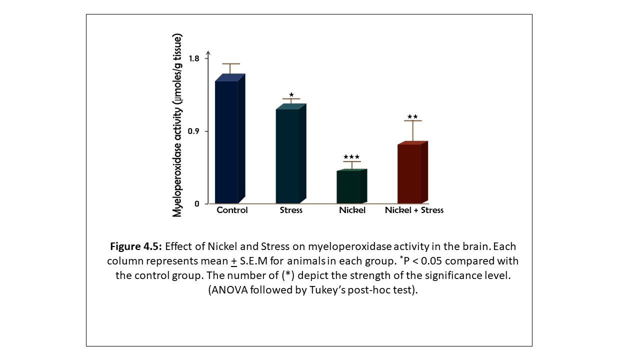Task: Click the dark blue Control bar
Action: pos(226,141)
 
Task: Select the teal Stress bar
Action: pos(287,155)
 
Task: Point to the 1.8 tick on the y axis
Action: pos(194,58)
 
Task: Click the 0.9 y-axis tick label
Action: pos(194,131)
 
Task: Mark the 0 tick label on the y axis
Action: pos(197,204)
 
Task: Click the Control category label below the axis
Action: pos(232,210)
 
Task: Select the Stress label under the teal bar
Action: pos(291,210)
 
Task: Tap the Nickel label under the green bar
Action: pos(352,210)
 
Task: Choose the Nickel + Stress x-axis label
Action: pos(414,210)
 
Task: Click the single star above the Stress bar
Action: pos(291,94)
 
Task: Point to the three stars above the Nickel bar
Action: pos(351,157)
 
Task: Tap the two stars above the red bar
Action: pos(412,117)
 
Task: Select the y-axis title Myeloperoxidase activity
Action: pos(177,125)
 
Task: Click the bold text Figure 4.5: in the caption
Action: pos(135,246)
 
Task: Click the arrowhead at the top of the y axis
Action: pos(208,53)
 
